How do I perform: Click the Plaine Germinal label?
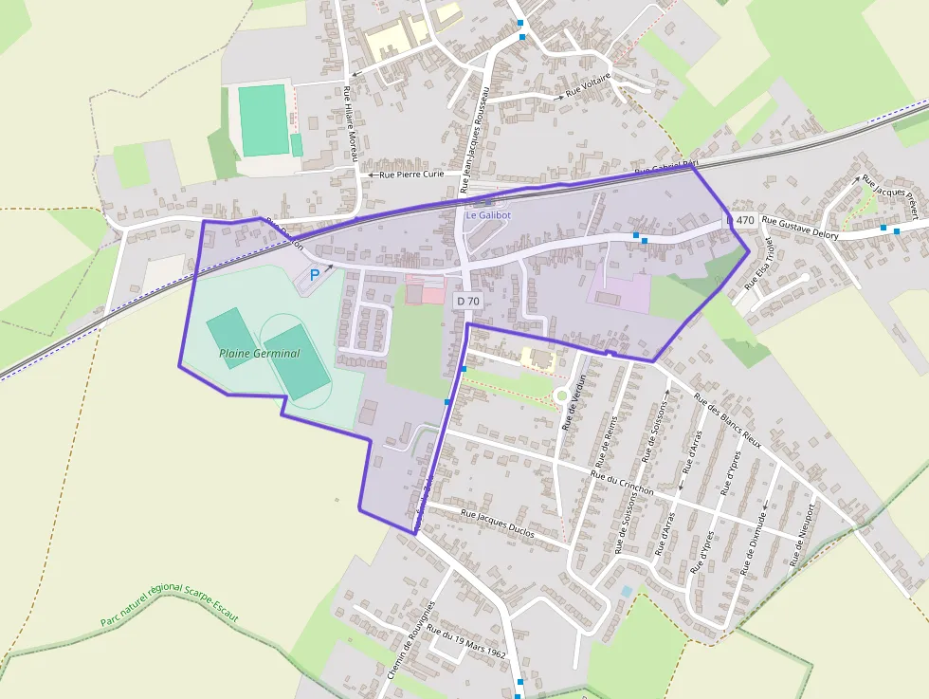(x=259, y=354)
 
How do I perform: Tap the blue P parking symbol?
(x=315, y=275)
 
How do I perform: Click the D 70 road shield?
(x=467, y=301)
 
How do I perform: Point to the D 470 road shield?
(x=741, y=220)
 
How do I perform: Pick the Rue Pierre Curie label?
(x=411, y=175)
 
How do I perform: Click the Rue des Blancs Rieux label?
(x=727, y=419)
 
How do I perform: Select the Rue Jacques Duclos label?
(x=497, y=524)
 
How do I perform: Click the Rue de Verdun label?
(x=575, y=403)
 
